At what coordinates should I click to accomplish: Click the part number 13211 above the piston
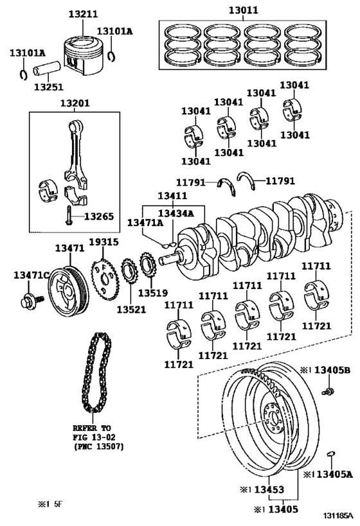pyautogui.click(x=84, y=13)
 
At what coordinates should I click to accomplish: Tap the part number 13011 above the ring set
pyautogui.click(x=244, y=10)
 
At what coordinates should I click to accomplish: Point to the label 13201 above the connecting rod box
pyautogui.click(x=75, y=103)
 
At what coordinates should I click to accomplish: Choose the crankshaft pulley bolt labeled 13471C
pyautogui.click(x=32, y=300)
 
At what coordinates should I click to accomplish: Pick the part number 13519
pyautogui.click(x=153, y=293)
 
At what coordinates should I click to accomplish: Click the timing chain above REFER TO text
pyautogui.click(x=95, y=373)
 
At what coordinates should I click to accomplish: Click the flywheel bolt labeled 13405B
pyautogui.click(x=328, y=391)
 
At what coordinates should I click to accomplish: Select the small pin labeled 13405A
pyautogui.click(x=331, y=453)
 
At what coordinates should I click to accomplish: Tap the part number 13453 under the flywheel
pyautogui.click(x=269, y=490)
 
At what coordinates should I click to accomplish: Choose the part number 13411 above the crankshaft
pyautogui.click(x=173, y=196)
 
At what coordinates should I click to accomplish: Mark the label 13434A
pyautogui.click(x=176, y=213)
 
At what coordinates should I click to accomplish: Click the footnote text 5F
pyautogui.click(x=58, y=504)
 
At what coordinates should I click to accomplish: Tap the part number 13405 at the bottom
pyautogui.click(x=283, y=509)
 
